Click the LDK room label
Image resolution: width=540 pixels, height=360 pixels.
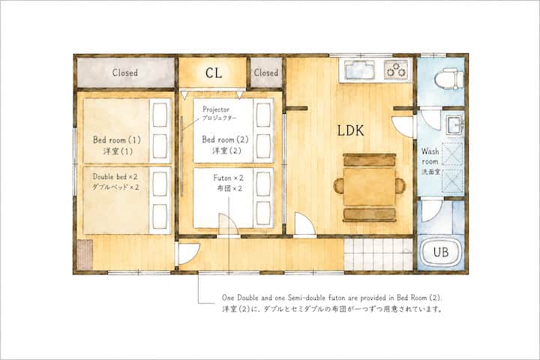[350, 130]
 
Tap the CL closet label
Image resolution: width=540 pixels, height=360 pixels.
[214, 73]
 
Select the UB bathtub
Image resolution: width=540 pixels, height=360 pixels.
[441, 252]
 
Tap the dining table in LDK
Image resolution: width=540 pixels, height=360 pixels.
[369, 187]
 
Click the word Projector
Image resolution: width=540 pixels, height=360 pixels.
[216, 109]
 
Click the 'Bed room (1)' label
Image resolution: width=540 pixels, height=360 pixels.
[117, 139]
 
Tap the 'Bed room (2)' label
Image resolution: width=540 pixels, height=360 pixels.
[225, 139]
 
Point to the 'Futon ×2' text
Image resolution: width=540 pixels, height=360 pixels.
[228, 178]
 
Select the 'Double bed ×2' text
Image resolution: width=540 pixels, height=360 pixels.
[115, 177]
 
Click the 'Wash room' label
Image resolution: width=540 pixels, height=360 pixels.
[430, 156]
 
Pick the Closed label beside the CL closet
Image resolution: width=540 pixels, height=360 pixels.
[265, 73]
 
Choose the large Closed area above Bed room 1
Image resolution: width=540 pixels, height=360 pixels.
[125, 72]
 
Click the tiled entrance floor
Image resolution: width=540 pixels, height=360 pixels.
[378, 254]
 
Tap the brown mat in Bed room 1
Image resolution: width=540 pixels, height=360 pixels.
[85, 255]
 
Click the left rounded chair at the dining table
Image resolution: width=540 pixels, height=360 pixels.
[338, 186]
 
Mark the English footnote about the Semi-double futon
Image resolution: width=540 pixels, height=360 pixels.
[332, 297]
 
